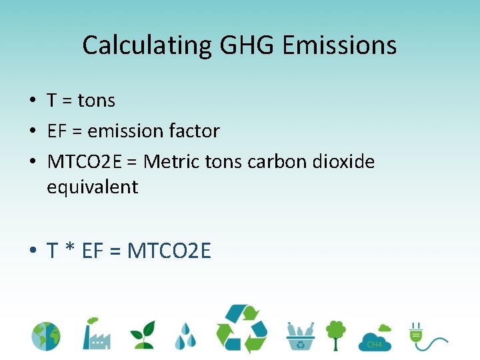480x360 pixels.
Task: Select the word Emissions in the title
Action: pyautogui.click(x=339, y=45)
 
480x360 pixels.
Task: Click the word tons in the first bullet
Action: pyautogui.click(x=97, y=101)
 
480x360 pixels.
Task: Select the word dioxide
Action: pyautogui.click(x=341, y=161)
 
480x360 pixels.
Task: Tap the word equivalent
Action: pyautogui.click(x=92, y=187)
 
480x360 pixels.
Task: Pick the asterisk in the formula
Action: pyautogui.click(x=70, y=251)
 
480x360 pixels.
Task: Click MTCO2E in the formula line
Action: pyautogui.click(x=169, y=251)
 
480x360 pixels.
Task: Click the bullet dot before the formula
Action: pyautogui.click(x=32, y=251)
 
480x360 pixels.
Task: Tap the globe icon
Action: pyautogui.click(x=46, y=336)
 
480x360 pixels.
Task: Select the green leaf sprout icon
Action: pyautogui.click(x=142, y=335)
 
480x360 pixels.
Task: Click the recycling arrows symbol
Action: pyautogui.click(x=241, y=329)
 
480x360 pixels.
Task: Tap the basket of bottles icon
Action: pyautogui.click(x=301, y=335)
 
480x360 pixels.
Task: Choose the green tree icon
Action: pyautogui.click(x=336, y=335)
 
